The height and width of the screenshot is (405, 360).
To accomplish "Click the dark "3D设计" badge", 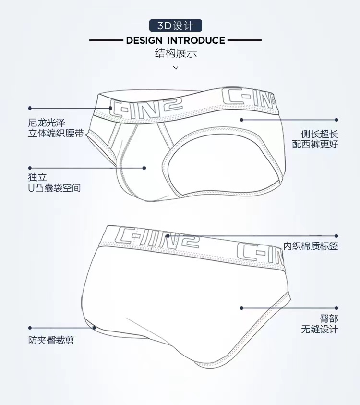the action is [x=176, y=25].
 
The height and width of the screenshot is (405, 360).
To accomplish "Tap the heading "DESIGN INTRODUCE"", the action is [x=176, y=40].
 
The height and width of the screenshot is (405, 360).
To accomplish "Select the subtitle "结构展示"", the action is [x=176, y=53].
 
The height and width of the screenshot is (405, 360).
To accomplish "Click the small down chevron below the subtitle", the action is [x=176, y=68].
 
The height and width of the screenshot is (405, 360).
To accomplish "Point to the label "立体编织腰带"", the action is [x=55, y=134].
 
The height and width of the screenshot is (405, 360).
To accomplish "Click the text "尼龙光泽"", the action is [x=46, y=123].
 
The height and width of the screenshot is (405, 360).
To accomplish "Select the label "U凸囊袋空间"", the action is [x=54, y=187].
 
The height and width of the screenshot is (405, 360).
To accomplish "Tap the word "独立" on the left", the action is [x=37, y=177].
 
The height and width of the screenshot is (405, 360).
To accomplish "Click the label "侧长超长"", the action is [x=319, y=134].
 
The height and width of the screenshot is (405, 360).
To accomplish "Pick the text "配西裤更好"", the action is [x=315, y=144].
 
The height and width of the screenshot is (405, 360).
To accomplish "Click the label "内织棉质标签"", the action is [x=310, y=246].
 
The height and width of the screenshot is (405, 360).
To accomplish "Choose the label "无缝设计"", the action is [x=319, y=329].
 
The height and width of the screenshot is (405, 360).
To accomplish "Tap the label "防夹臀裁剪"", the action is [x=51, y=341].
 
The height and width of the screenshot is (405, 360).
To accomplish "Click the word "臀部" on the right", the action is [x=329, y=319].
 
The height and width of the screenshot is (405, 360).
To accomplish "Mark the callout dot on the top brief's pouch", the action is [x=144, y=168].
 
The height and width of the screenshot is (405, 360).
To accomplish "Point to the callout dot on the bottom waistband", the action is [x=167, y=236].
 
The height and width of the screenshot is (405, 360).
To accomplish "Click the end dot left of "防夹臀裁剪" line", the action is [x=30, y=327].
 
